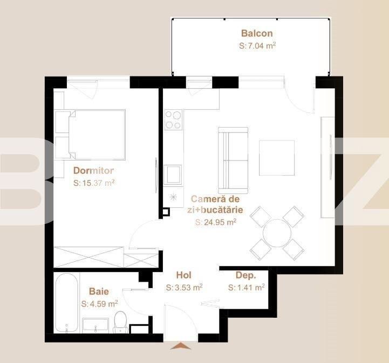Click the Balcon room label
coord(257,33)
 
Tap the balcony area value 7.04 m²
coord(257,46)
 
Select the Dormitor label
coord(93,171)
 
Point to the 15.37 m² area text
coord(94,183)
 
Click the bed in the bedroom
coord(95,135)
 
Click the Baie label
coord(99,291)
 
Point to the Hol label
coord(184,275)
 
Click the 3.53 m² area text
coord(184,288)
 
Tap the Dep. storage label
coord(245,275)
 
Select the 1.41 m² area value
coord(246,288)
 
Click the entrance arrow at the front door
coord(180,346)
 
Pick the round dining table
coord(278,233)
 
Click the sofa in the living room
coord(233,160)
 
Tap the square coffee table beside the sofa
coord(277,158)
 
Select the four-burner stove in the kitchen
coord(173,120)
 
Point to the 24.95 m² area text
coord(216,221)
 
